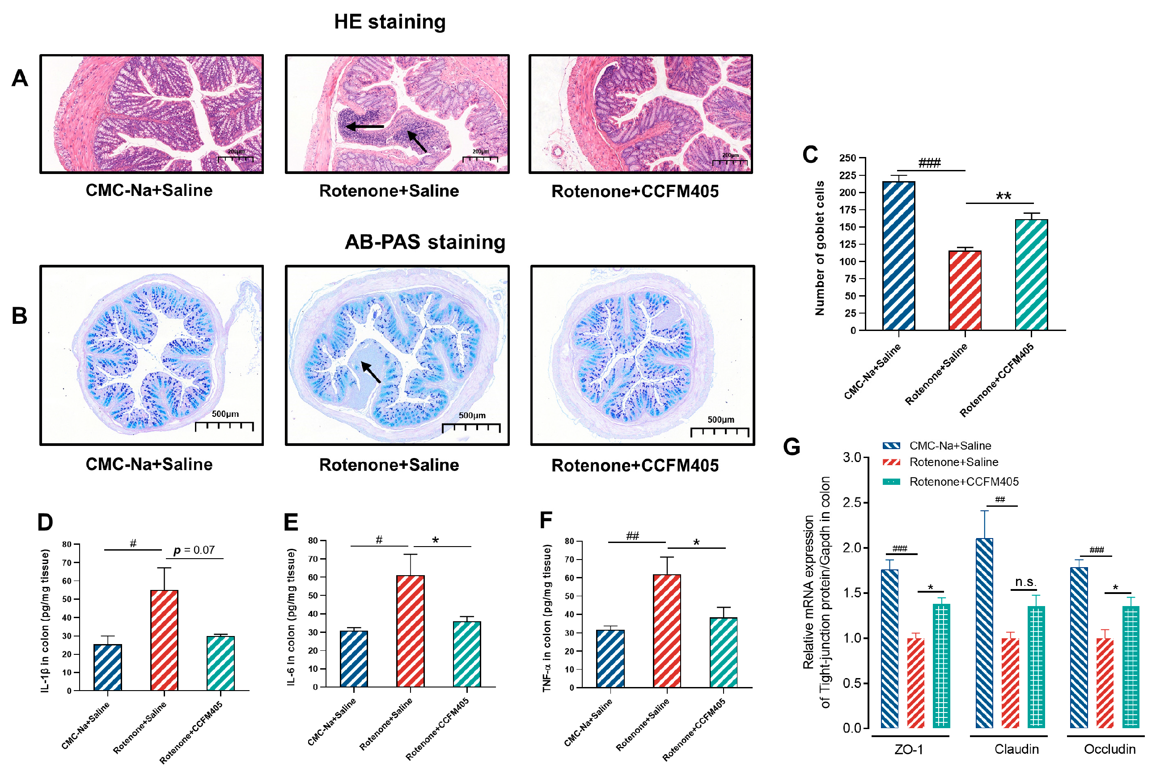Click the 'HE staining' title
pos(390,22)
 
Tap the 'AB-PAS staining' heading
pos(425,242)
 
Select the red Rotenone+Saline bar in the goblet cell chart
pos(965,290)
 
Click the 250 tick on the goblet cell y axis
pos(848,158)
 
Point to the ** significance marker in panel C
pos(1004,196)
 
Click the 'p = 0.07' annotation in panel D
pos(195,550)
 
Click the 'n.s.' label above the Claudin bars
pos(1025,582)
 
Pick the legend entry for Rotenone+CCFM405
pos(964,482)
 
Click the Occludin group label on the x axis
pos(1110,749)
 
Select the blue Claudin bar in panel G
pos(984,632)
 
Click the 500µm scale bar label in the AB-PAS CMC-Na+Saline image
pos(225,414)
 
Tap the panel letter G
pos(792,447)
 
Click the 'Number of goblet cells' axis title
pos(819,248)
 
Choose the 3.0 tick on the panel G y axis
pos(852,458)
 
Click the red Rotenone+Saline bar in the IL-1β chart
pos(164,640)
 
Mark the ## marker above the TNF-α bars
pos(632,536)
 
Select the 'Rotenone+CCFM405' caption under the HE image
pos(635,191)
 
